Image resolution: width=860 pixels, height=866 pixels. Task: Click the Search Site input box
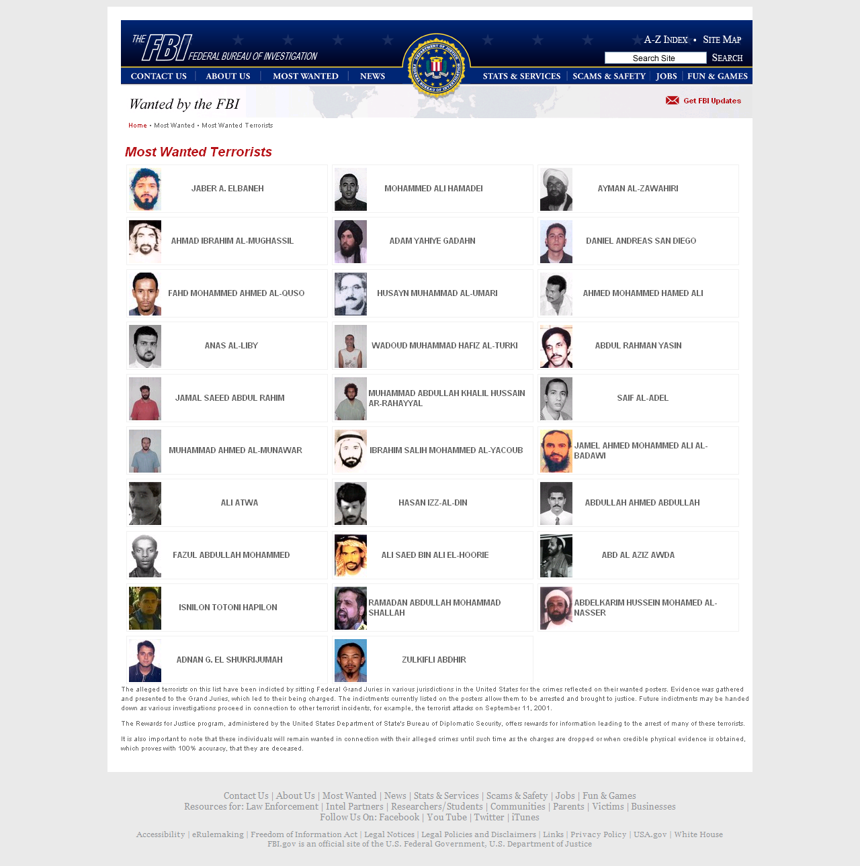click(655, 58)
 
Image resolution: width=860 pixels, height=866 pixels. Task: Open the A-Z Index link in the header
click(665, 40)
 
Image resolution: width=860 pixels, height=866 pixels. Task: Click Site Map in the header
click(722, 40)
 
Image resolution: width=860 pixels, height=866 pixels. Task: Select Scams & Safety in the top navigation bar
click(609, 76)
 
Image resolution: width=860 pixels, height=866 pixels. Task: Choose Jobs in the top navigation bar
click(666, 76)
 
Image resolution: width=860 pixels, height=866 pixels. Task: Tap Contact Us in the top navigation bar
click(159, 76)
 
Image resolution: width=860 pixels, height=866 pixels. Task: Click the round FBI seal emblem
click(437, 66)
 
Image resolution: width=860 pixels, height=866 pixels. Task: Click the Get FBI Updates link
click(711, 101)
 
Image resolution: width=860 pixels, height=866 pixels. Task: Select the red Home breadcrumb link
click(138, 126)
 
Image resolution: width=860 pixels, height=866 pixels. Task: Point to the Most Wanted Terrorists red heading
click(198, 152)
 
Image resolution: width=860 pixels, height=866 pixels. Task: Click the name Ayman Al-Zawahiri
click(638, 189)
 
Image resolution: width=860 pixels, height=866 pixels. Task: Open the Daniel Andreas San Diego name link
click(641, 241)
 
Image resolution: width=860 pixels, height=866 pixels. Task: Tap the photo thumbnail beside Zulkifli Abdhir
click(351, 661)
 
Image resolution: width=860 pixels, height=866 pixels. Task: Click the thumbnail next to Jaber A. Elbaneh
click(145, 189)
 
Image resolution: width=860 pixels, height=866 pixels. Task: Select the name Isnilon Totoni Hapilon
click(228, 608)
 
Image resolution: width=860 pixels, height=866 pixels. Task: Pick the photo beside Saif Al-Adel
click(556, 399)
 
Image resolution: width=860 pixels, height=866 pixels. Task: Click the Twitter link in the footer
click(489, 817)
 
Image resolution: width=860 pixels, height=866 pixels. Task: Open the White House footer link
click(698, 834)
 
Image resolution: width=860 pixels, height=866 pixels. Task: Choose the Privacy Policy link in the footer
click(598, 834)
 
